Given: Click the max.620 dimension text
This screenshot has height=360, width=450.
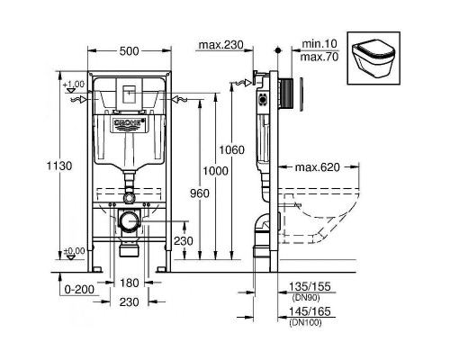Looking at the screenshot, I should pyautogui.click(x=316, y=167).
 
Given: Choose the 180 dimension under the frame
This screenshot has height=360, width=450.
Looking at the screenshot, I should pyautogui.click(x=130, y=283).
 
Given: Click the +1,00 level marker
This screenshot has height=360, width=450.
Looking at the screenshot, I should pyautogui.click(x=76, y=84).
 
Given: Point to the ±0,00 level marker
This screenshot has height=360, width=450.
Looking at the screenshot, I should pyautogui.click(x=76, y=251).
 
